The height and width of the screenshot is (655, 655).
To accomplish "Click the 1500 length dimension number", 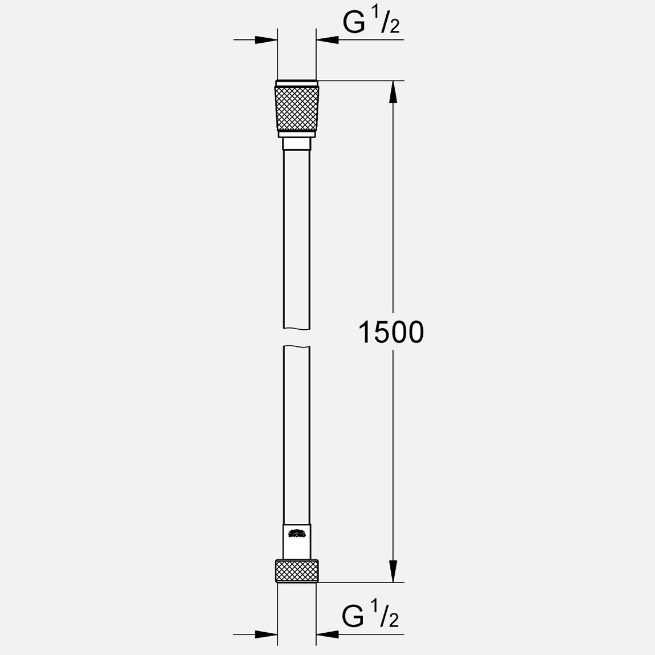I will click(391, 332).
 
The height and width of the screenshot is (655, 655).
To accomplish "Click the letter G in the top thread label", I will click(354, 23).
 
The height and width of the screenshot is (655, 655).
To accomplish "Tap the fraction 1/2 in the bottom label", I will click(388, 617).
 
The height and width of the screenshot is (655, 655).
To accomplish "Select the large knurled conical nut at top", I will click(297, 108).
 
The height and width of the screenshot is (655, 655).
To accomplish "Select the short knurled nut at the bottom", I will click(297, 571).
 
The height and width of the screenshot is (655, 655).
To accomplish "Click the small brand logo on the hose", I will click(297, 535).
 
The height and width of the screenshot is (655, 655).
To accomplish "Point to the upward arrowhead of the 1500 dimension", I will click(393, 91).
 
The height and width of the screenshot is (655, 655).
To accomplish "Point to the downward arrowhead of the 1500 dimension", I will click(393, 571).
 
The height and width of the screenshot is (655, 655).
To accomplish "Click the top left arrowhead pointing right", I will click(266, 40).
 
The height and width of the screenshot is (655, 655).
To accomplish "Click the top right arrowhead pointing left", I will click(327, 40).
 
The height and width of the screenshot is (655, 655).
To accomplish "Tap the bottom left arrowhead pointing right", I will click(266, 634).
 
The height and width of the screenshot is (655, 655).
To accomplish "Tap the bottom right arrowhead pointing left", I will click(327, 634).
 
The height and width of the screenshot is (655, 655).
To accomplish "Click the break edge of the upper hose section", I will click(297, 327).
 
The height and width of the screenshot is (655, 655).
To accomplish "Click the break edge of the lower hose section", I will click(297, 347).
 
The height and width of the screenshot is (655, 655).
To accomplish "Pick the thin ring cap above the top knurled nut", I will click(297, 83).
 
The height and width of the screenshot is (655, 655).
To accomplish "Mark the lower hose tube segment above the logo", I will click(297, 434).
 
